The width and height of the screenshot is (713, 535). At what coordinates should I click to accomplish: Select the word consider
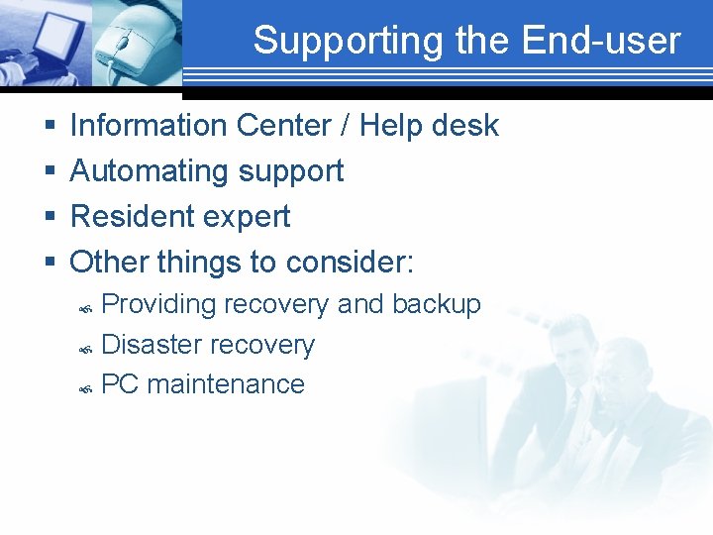click(x=349, y=263)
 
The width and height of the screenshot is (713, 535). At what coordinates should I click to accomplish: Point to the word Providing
click(x=158, y=305)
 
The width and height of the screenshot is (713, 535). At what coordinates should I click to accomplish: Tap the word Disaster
click(x=152, y=345)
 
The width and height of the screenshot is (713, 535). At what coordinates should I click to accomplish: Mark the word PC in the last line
click(x=120, y=384)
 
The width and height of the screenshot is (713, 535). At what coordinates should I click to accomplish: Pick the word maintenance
click(x=226, y=384)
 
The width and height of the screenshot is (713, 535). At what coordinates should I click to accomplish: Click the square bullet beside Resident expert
click(x=51, y=218)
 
